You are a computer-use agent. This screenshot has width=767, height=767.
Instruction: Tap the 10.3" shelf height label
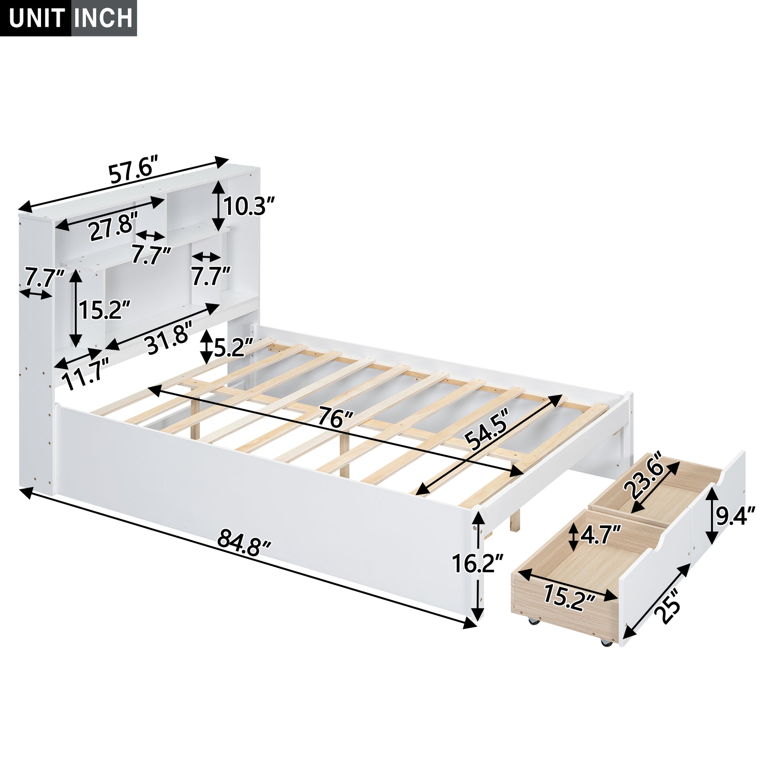249,207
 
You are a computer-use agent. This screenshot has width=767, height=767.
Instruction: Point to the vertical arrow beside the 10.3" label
217,206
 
